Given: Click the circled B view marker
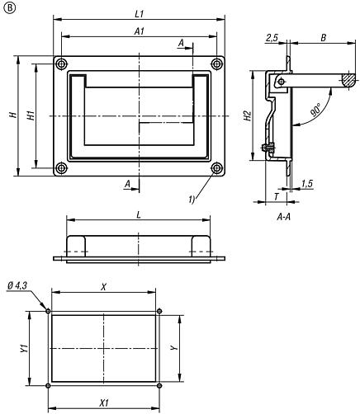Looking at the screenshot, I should (7, 7).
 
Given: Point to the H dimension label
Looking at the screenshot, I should (13, 115).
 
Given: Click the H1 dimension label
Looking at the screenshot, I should (31, 115).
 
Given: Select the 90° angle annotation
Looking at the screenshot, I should (315, 110).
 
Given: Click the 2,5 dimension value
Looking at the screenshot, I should (271, 37).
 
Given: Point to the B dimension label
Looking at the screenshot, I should (323, 37).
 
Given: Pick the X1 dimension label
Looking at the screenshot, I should (103, 405).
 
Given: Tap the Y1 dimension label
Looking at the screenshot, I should (26, 348).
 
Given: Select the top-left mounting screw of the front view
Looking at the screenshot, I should (61, 64).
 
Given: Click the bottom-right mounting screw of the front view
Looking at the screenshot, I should (216, 168).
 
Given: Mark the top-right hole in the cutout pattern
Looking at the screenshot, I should (159, 311).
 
